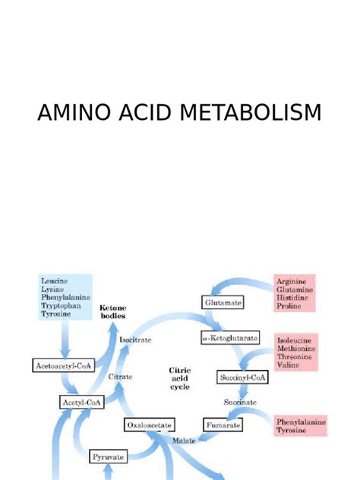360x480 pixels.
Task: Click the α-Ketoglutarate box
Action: click(x=230, y=337)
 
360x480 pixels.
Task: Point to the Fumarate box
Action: click(x=223, y=426)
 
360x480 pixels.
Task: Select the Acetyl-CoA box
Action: click(x=81, y=401)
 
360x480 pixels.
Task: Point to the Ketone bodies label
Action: click(x=113, y=311)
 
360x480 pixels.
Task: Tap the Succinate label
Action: click(x=241, y=401)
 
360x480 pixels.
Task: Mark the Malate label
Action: click(x=186, y=440)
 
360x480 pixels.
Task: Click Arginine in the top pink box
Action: click(x=292, y=281)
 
